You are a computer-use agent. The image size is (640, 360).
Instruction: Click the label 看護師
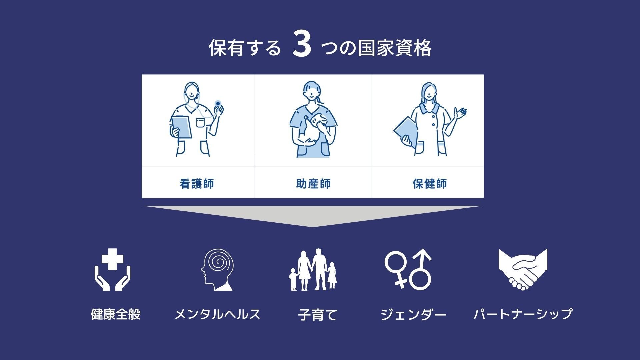click(197, 184)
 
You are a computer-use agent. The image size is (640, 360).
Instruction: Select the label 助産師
click(313, 184)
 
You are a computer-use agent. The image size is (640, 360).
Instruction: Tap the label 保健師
click(430, 184)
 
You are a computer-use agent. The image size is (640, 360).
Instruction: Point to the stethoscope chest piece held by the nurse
click(218, 103)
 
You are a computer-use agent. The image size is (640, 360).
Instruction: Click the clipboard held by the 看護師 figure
click(182, 127)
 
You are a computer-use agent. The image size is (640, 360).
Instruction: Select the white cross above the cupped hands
click(112, 259)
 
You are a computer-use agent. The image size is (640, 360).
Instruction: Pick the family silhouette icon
click(313, 270)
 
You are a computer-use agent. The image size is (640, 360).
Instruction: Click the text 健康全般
click(116, 314)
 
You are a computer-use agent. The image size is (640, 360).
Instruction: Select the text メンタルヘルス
click(217, 314)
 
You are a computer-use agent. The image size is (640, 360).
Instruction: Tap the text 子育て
click(318, 315)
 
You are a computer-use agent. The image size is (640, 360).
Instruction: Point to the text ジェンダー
click(413, 314)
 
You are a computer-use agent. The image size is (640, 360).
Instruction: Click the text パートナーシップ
click(523, 314)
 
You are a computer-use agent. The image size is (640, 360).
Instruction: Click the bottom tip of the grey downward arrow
click(312, 227)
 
